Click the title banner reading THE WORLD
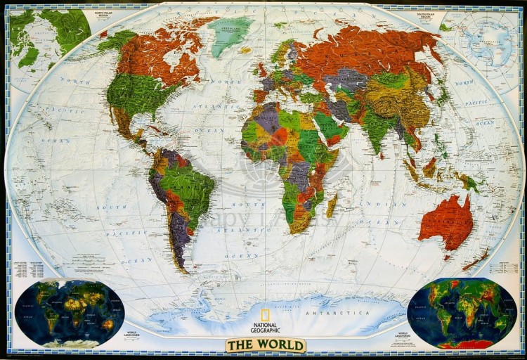click(x=266, y=345)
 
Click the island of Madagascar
click(x=331, y=207)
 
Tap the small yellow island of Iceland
click(x=245, y=51)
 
